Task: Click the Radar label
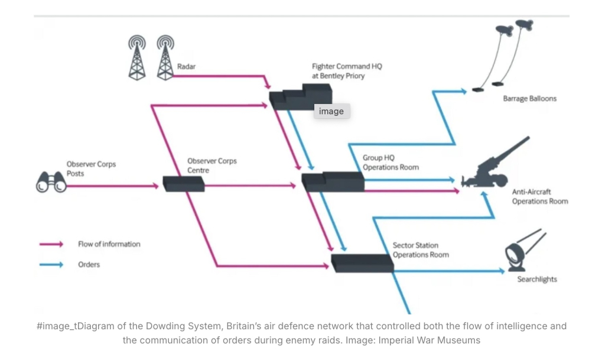click(x=186, y=67)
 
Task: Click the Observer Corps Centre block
click(x=184, y=184)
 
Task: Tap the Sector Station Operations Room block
click(x=362, y=262)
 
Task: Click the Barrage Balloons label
click(x=529, y=99)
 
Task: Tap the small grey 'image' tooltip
click(x=331, y=111)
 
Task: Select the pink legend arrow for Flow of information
click(x=51, y=244)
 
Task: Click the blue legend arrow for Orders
click(x=51, y=265)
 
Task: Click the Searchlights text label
click(x=537, y=280)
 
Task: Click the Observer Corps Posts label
click(x=91, y=168)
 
